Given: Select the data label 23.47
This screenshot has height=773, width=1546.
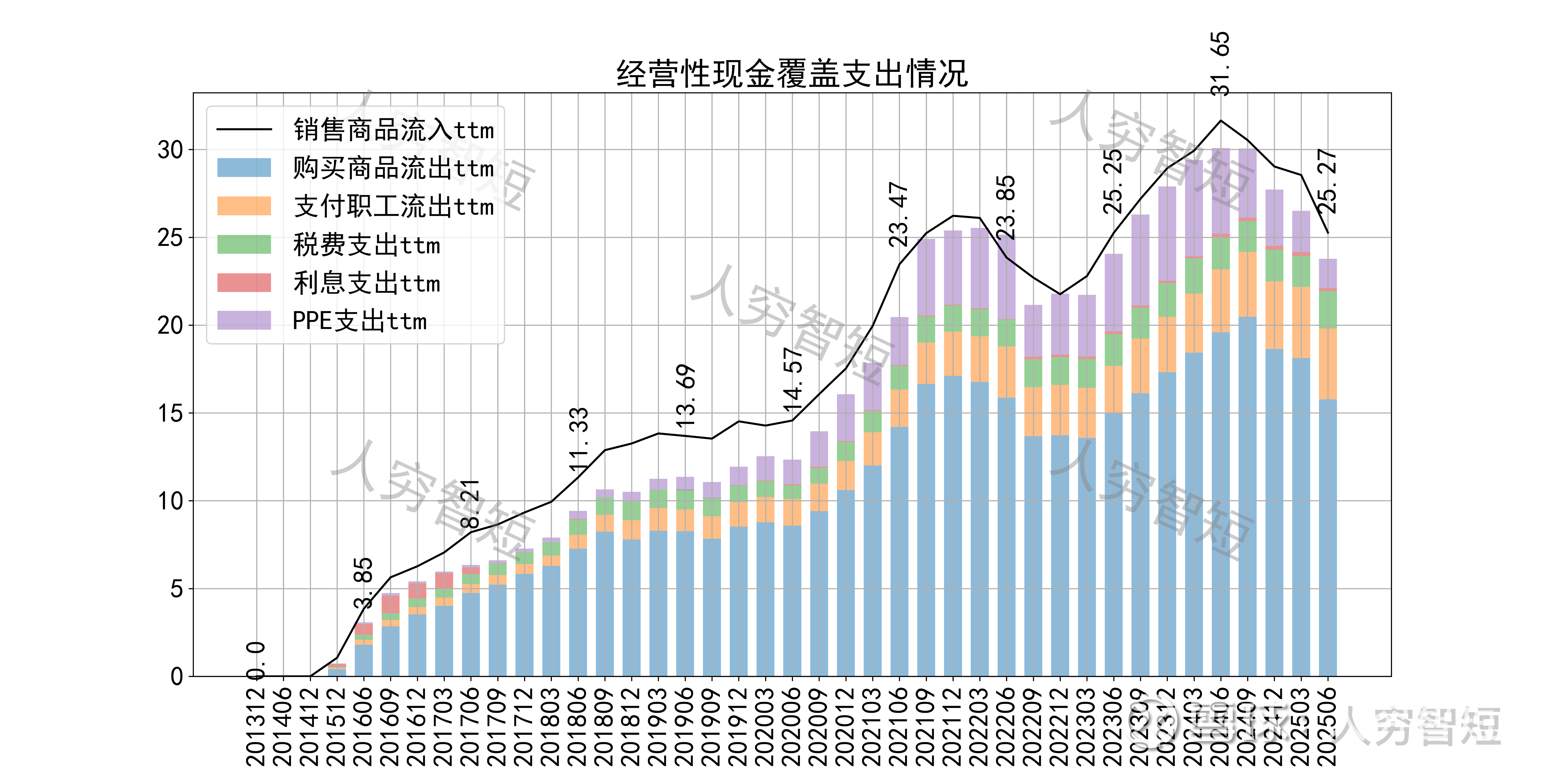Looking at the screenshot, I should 898,214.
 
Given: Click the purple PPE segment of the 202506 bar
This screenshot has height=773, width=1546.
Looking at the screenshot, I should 1328,274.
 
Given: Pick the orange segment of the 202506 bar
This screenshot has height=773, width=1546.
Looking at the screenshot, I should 1328,364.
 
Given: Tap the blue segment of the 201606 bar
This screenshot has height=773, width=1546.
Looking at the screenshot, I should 364,660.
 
